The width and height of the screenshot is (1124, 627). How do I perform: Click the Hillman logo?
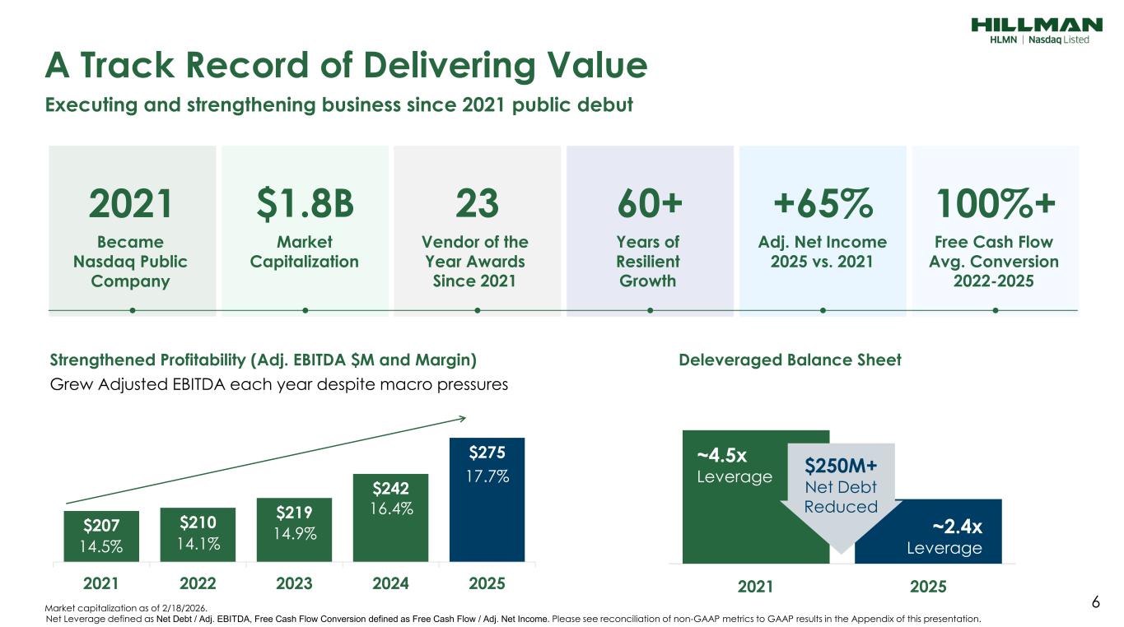(x=1036, y=30)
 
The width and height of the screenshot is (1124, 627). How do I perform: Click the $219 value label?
(x=294, y=513)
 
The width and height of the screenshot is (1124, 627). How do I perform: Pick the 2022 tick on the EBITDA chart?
(x=198, y=584)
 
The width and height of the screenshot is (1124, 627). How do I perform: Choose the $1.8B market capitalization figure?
(x=305, y=204)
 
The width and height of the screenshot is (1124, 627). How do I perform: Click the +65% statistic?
(x=823, y=204)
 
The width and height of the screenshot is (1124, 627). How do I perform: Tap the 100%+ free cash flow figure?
(x=995, y=204)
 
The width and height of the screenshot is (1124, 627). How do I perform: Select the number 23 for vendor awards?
(x=477, y=204)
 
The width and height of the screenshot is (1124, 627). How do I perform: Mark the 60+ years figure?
(x=650, y=204)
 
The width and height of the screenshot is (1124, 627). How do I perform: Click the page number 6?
(x=1095, y=602)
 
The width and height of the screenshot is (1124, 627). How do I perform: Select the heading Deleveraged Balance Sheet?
(x=790, y=360)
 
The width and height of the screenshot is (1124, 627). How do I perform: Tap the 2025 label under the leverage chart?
(x=928, y=587)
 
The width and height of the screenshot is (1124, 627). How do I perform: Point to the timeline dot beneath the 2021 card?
(x=133, y=310)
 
